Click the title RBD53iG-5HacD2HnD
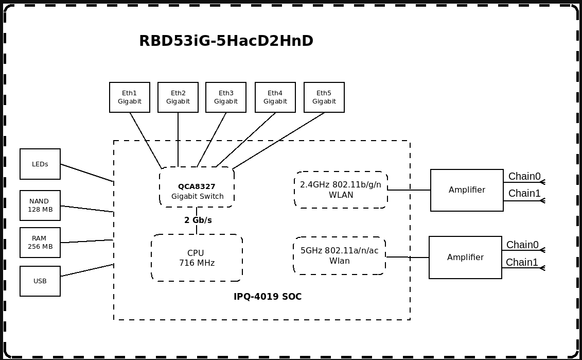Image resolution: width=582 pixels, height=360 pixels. click(x=226, y=41)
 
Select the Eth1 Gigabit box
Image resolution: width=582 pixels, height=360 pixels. click(x=130, y=97)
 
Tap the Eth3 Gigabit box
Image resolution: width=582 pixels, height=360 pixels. click(x=226, y=97)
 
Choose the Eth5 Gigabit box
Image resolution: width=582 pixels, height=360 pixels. click(x=324, y=97)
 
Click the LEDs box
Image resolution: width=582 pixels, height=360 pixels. click(x=40, y=164)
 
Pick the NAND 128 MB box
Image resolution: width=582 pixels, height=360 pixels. click(x=40, y=205)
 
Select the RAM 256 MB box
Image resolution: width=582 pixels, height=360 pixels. click(x=40, y=243)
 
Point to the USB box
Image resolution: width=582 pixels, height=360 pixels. click(x=40, y=281)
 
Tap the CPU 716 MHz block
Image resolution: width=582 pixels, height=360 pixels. click(x=197, y=258)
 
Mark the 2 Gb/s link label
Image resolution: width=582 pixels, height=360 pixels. click(x=198, y=220)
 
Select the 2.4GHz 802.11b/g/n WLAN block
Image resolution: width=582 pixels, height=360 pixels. click(x=341, y=190)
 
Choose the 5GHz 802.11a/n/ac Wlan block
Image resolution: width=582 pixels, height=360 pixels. click(x=340, y=256)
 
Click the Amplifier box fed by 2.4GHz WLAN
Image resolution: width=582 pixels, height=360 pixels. click(x=467, y=190)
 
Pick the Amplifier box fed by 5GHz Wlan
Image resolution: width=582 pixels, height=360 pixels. click(x=465, y=258)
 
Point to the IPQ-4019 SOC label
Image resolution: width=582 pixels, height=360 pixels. click(x=268, y=297)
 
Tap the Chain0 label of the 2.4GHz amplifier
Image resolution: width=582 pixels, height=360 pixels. click(x=524, y=177)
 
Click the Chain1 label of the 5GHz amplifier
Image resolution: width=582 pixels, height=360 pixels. click(x=522, y=263)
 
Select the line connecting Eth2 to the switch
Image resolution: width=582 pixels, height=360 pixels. click(x=178, y=139)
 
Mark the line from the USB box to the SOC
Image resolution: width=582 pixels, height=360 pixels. click(x=87, y=270)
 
